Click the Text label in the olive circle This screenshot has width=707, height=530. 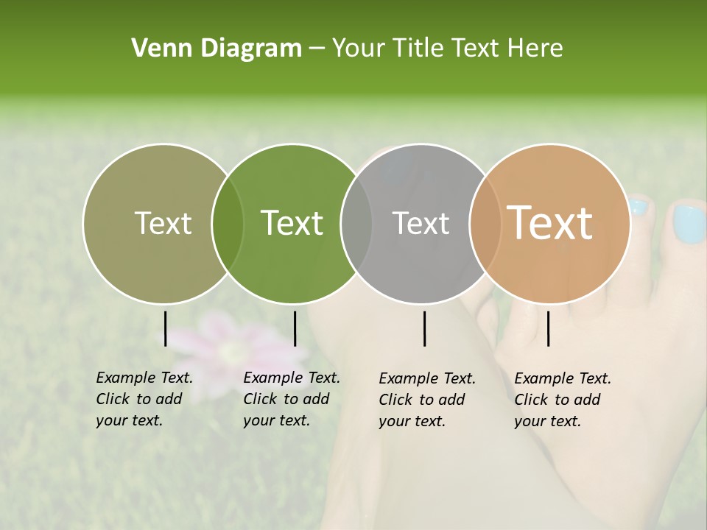pos(163,223)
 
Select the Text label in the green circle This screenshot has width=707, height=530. pos(292,223)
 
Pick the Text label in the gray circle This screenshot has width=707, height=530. pos(421,223)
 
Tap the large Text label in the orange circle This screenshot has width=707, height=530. pos(550,223)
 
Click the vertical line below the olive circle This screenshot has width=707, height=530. pos(165,328)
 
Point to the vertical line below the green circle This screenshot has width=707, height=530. pos(295,328)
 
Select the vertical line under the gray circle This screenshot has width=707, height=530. pos(425,328)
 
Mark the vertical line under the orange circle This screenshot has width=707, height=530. pos(548,328)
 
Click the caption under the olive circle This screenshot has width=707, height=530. pos(144,399)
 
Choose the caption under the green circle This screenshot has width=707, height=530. pos(291,399)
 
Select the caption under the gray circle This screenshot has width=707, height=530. pos(426,400)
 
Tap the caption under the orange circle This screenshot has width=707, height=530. pos(562,400)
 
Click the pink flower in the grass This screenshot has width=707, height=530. pos(229,335)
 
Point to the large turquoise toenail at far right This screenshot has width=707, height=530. pos(689,224)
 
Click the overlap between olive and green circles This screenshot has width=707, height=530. pos(228,223)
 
